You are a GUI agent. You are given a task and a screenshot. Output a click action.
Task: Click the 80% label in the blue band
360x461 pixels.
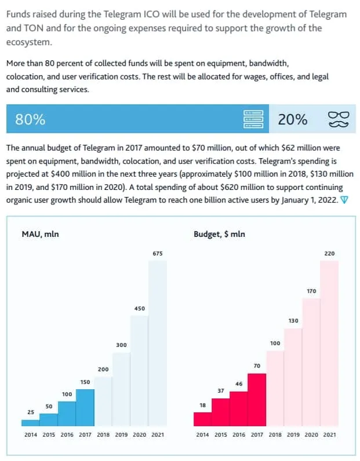[30, 120]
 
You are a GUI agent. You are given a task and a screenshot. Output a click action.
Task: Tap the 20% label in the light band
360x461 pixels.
[292, 120]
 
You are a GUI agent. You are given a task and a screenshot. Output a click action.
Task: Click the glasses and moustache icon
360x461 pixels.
[339, 119]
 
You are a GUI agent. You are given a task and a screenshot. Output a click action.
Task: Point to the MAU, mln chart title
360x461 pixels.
[40, 234]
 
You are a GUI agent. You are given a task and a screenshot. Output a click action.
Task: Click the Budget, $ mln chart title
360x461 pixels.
[219, 234]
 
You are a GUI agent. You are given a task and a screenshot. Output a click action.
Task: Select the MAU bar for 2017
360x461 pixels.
[85, 407]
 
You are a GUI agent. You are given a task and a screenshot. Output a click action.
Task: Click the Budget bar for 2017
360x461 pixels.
[256, 399]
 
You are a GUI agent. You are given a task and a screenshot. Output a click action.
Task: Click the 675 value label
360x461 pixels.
[158, 253]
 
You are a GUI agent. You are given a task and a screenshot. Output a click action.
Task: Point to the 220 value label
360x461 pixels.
[329, 253]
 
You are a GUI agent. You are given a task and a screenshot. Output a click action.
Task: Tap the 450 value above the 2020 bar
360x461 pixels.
[139, 308]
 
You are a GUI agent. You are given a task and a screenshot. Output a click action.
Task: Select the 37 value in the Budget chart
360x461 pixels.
[220, 391]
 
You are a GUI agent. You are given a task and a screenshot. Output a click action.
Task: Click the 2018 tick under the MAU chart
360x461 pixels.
[103, 434]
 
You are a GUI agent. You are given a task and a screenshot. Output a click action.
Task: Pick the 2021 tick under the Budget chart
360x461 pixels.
[329, 434]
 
